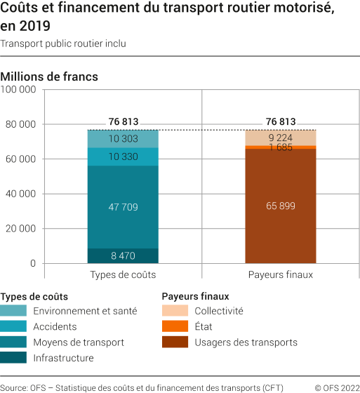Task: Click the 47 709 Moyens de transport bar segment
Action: [123, 207]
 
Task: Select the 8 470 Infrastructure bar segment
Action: [123, 256]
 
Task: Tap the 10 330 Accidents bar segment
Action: [123, 156]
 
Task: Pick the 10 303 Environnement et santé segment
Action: [123, 139]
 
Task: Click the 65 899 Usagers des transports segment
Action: [280, 206]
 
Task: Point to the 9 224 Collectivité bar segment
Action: [280, 138]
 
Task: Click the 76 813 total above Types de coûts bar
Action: [123, 121]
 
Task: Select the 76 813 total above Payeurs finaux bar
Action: [280, 121]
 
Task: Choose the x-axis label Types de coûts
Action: [123, 274]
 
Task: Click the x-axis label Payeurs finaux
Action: [280, 274]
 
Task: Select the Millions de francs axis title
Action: [50, 76]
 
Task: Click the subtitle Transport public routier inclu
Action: [63, 44]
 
